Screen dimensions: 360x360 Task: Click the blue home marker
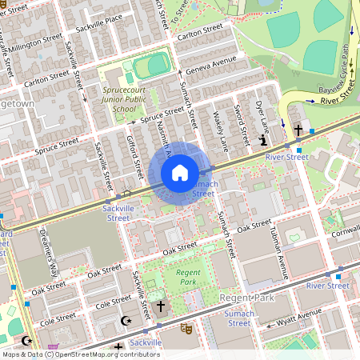point(179,173)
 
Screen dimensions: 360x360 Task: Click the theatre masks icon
point(186,328)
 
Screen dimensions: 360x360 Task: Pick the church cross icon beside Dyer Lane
point(298,130)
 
